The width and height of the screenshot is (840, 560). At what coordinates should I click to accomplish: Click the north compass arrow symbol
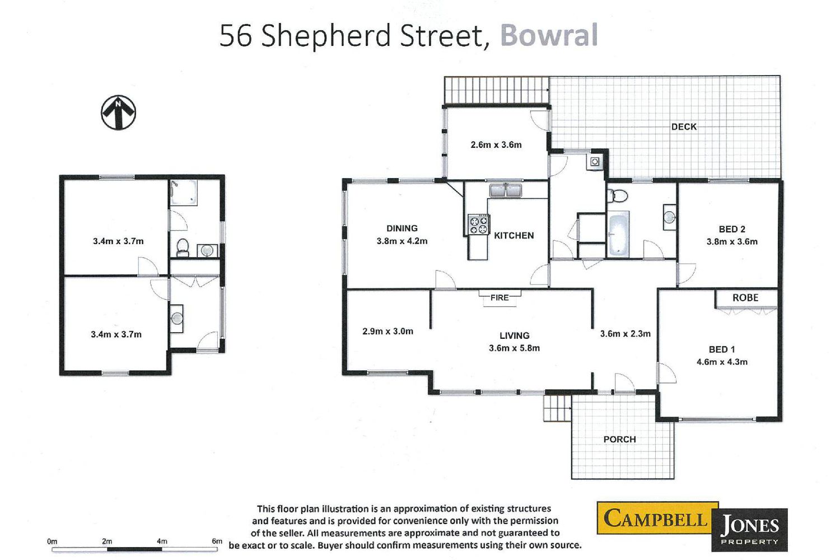pyautogui.click(x=118, y=113)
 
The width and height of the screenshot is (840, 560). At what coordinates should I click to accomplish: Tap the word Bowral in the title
pyautogui.click(x=549, y=35)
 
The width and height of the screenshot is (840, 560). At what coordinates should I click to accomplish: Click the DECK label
pyautogui.click(x=684, y=127)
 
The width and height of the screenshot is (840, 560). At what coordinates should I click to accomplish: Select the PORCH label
pyautogui.click(x=619, y=439)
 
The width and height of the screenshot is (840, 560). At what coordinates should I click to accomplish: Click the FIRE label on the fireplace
pyautogui.click(x=500, y=298)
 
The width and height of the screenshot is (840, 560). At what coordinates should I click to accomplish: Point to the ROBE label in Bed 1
pyautogui.click(x=745, y=298)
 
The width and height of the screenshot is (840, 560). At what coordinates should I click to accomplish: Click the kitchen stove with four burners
pyautogui.click(x=479, y=225)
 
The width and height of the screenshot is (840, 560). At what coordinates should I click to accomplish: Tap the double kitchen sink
pyautogui.click(x=506, y=190)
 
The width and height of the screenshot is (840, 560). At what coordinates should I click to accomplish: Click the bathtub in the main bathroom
pyautogui.click(x=618, y=234)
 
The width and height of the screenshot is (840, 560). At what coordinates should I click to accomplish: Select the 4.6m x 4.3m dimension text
pyautogui.click(x=722, y=362)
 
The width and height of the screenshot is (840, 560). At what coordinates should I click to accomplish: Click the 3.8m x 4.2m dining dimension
pyautogui.click(x=402, y=241)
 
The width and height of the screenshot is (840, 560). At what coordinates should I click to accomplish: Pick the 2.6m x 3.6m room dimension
pyautogui.click(x=496, y=145)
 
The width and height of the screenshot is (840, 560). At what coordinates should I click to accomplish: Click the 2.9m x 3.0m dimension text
pyautogui.click(x=388, y=331)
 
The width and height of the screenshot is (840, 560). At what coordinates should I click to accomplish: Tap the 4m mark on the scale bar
pyautogui.click(x=162, y=542)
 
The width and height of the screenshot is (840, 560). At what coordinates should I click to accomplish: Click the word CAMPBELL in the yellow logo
pyautogui.click(x=655, y=519)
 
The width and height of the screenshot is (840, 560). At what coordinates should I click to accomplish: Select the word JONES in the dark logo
pyautogui.click(x=749, y=525)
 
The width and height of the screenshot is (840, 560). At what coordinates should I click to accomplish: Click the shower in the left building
pyautogui.click(x=183, y=193)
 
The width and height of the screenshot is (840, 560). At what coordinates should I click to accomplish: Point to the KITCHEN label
pyautogui.click(x=514, y=236)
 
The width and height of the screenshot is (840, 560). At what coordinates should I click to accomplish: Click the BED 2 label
pyautogui.click(x=732, y=229)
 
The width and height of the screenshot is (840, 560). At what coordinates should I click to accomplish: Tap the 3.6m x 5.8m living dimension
pyautogui.click(x=514, y=348)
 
